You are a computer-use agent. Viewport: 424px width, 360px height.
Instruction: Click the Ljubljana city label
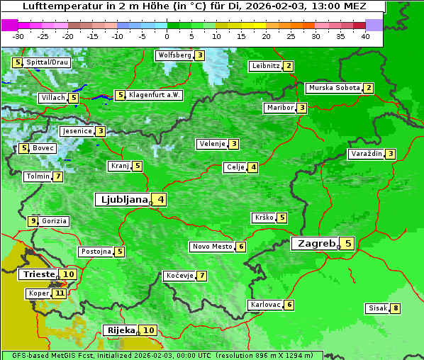click(122, 200)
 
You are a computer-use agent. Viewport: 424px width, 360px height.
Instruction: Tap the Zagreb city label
click(315, 244)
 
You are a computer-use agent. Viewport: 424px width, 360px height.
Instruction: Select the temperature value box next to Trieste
click(68, 274)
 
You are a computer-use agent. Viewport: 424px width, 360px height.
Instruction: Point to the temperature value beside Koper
click(60, 293)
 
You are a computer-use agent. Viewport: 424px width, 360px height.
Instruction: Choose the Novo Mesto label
click(212, 247)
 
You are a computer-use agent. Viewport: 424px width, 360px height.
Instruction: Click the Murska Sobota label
click(333, 88)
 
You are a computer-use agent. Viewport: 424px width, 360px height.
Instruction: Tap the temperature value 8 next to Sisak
click(395, 308)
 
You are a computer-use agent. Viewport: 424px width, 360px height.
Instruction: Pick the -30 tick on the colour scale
click(18, 36)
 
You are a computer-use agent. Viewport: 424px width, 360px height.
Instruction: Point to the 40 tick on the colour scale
click(365, 36)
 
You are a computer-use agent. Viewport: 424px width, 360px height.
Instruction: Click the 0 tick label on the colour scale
click(167, 36)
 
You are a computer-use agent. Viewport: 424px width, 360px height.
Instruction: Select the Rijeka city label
click(121, 330)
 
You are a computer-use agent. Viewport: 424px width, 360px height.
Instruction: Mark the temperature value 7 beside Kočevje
click(202, 275)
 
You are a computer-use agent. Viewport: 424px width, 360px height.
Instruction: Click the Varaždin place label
click(366, 154)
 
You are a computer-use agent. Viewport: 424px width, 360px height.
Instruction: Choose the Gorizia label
click(55, 221)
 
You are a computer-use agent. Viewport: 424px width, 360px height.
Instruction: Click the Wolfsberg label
click(174, 55)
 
